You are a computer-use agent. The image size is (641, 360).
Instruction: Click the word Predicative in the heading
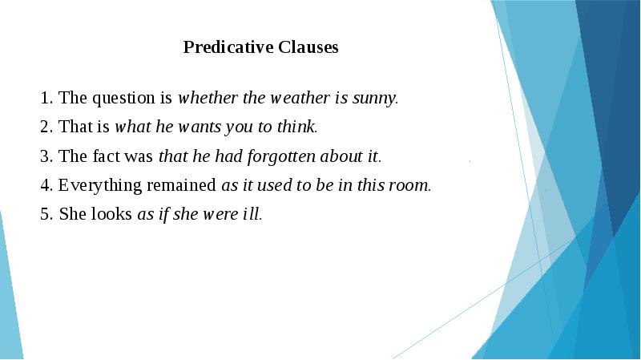[228, 47]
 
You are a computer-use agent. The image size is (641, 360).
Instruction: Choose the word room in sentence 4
[411, 185]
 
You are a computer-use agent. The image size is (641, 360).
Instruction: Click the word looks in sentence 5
[112, 214]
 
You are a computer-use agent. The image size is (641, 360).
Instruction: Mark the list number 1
[44, 99]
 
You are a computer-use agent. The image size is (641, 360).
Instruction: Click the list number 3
[44, 156]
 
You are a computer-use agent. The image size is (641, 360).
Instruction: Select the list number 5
[44, 214]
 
